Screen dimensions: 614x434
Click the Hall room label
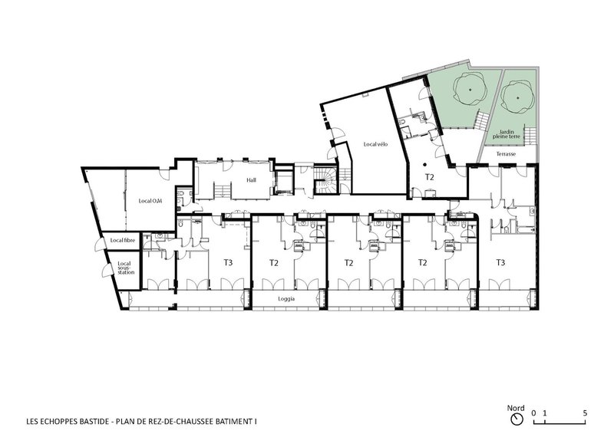pyautogui.click(x=251, y=180)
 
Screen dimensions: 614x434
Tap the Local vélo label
pyautogui.click(x=375, y=144)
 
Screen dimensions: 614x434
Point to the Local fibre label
pyautogui.click(x=123, y=240)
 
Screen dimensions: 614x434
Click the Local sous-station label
pyautogui.click(x=126, y=268)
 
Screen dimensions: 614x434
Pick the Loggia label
pyautogui.click(x=286, y=299)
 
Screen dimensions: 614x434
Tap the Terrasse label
pyautogui.click(x=506, y=154)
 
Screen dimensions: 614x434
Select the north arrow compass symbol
pyautogui.click(x=517, y=419)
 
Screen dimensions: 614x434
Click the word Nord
pyautogui.click(x=516, y=408)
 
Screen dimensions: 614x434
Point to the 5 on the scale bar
pyautogui.click(x=585, y=413)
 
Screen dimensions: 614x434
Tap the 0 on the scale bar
pyautogui.click(x=533, y=413)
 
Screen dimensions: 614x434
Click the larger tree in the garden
pyautogui.click(x=470, y=89)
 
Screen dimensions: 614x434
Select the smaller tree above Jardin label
pyautogui.click(x=517, y=98)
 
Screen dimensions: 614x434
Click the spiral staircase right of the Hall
pyautogui.click(x=324, y=180)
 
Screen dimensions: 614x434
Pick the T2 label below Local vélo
pyautogui.click(x=430, y=177)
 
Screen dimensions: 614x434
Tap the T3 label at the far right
pyautogui.click(x=500, y=262)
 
